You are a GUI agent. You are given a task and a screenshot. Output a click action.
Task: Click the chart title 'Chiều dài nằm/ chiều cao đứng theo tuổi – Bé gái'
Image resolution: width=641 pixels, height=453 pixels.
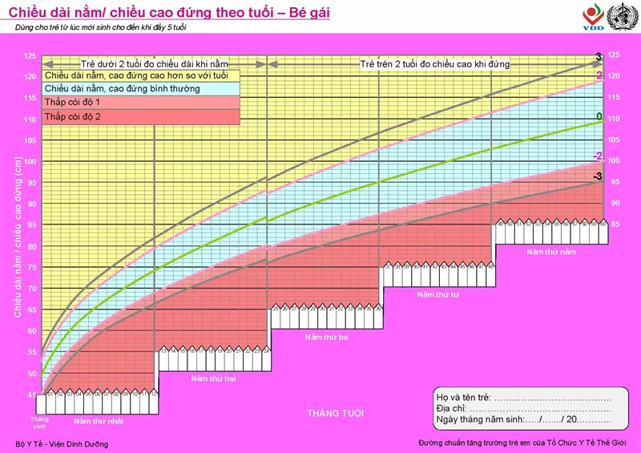[169, 14]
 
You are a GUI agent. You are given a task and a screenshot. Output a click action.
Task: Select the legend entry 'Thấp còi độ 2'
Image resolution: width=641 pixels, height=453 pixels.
[72, 117]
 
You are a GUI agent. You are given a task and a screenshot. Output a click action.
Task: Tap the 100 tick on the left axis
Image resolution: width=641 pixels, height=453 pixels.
[30, 161]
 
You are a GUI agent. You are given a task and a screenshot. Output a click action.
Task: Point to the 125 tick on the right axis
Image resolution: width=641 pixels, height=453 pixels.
[614, 55]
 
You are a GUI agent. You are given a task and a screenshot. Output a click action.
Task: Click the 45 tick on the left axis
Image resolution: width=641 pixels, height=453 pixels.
[30, 394]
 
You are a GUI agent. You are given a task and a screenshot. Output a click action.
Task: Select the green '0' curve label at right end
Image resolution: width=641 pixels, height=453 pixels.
[599, 117]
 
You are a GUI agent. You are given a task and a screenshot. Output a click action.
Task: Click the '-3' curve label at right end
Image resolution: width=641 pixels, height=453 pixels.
[597, 176]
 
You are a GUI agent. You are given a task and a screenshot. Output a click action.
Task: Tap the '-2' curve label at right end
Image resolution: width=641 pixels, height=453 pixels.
[597, 156]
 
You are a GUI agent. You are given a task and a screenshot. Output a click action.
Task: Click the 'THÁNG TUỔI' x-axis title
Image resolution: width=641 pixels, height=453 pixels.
[335, 413]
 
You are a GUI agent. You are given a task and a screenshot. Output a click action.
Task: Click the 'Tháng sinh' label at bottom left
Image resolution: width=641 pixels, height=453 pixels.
[39, 423]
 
